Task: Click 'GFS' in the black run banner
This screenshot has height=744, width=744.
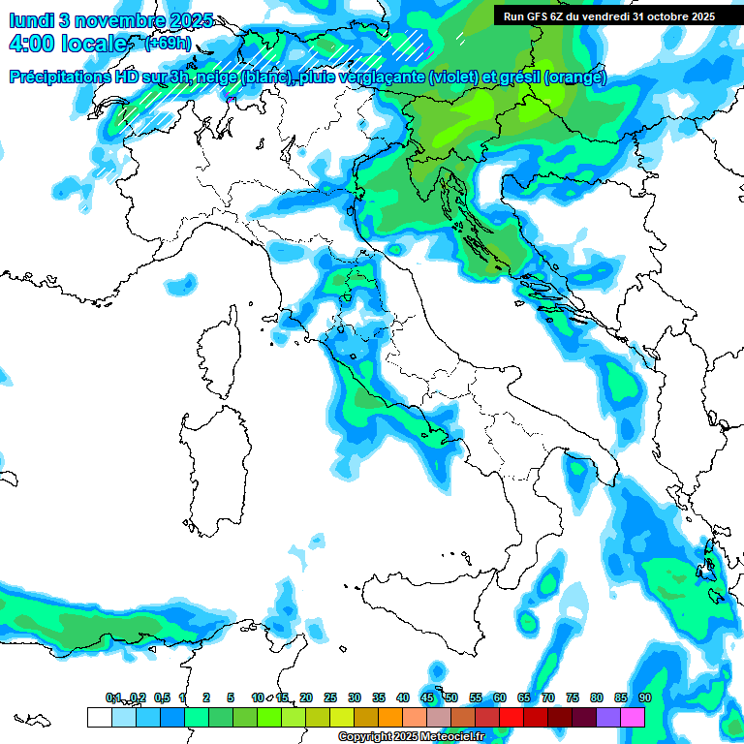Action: (539, 15)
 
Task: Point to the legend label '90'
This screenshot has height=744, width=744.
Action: (644, 697)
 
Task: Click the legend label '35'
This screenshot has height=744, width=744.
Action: (378, 697)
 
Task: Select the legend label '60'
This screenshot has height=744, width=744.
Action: (499, 697)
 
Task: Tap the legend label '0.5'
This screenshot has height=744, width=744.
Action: (161, 697)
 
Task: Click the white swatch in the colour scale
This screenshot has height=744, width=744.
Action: (99, 717)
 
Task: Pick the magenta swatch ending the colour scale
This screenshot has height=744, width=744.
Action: (633, 717)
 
